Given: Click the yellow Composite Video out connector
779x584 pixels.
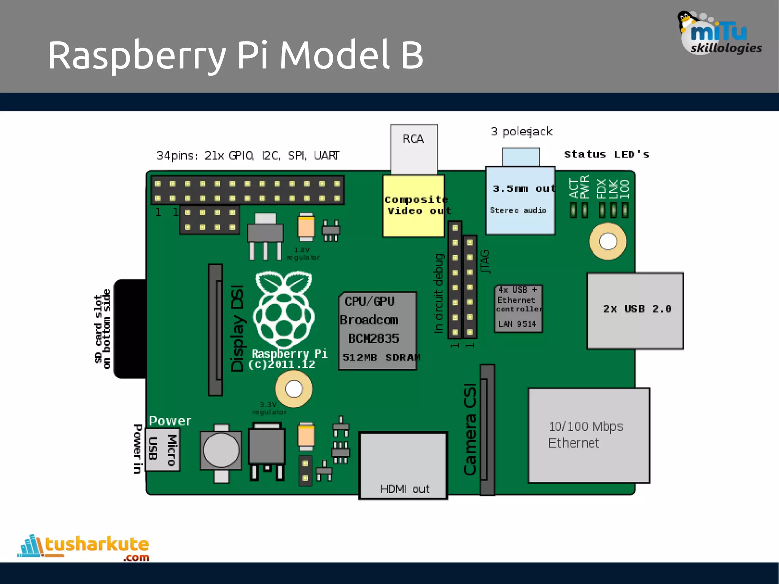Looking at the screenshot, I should tap(414, 206).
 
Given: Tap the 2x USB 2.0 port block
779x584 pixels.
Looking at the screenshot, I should tap(635, 311).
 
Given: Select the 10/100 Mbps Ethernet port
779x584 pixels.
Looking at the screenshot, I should tap(589, 435).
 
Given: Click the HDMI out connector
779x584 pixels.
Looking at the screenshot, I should tap(403, 465).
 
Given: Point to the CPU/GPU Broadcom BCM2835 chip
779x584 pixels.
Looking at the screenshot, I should tap(377, 330).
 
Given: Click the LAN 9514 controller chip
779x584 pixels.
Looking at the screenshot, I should tap(518, 309).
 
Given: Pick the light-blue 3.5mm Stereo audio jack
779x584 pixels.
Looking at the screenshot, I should tap(520, 200).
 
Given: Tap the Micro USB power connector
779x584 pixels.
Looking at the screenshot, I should tap(162, 449).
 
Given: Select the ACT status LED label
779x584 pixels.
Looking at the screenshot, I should tap(574, 188).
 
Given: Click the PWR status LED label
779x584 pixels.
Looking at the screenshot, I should tap(585, 187).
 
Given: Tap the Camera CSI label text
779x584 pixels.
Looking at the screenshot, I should tap(470, 429).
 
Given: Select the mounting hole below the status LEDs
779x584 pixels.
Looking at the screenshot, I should tap(607, 241).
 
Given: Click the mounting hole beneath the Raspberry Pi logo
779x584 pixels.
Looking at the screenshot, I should tap(294, 389).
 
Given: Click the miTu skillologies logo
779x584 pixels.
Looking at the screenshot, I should tap(719, 34).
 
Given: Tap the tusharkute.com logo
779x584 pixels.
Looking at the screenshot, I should tap(84, 547).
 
